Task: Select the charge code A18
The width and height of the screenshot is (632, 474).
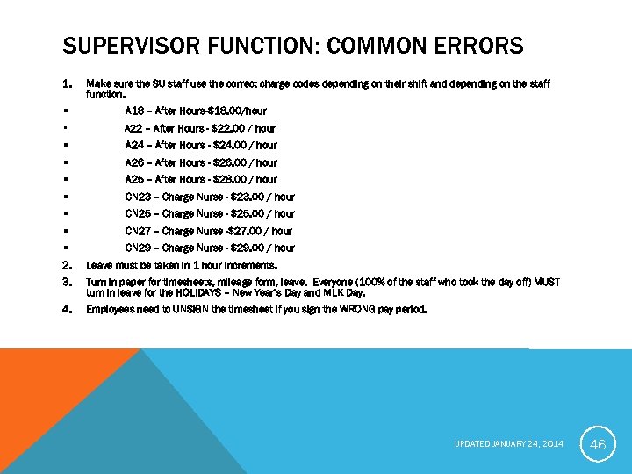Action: click(x=135, y=111)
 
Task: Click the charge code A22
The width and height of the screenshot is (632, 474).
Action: click(x=135, y=128)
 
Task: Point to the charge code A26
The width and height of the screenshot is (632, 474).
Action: click(x=135, y=162)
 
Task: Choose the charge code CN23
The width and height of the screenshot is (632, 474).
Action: click(x=139, y=197)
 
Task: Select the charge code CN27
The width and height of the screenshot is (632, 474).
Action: click(x=139, y=231)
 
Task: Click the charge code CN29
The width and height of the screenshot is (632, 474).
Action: click(x=139, y=248)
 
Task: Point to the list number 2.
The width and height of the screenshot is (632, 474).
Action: click(x=67, y=265)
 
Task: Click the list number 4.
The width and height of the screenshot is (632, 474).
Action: click(x=67, y=309)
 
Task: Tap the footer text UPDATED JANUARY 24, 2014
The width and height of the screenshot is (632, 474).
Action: click(x=509, y=444)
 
